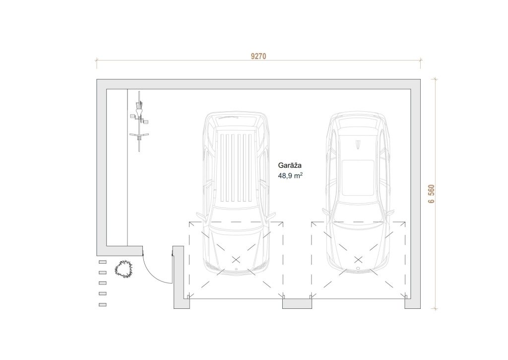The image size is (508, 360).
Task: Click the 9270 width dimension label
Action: click(258, 57)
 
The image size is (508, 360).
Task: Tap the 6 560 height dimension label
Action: click(431, 194)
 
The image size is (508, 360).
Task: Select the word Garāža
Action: click(290, 165)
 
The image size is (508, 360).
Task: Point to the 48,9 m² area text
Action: click(290, 175)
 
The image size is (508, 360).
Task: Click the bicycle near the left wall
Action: click(139, 121)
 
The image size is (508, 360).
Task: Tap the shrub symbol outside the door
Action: click(124, 269)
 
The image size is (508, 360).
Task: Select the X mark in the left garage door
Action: click(236, 260)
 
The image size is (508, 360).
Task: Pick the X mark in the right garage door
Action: click(358, 260)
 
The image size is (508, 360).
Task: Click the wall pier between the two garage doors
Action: click(297, 303)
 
